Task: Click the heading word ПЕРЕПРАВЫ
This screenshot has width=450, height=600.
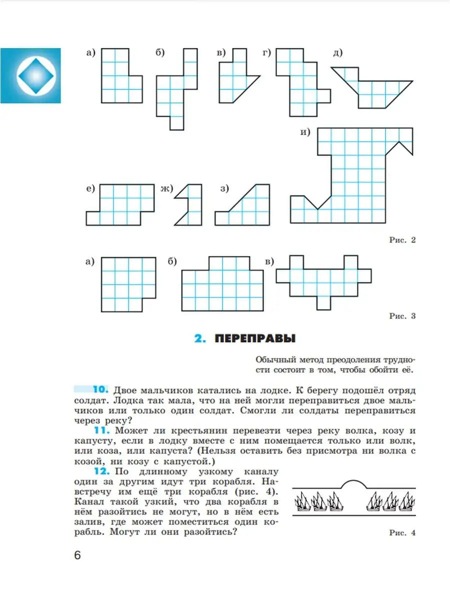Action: point(255,339)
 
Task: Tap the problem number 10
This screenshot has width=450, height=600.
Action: point(100,389)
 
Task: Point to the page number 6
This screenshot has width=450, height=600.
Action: point(77,555)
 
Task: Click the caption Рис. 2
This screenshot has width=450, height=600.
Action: point(402,240)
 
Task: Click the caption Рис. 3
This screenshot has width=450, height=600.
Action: point(402,316)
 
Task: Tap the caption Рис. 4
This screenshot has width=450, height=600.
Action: point(402,533)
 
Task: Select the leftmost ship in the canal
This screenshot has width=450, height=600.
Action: point(302,501)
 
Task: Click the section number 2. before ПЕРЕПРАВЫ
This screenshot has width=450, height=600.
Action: point(200,339)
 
